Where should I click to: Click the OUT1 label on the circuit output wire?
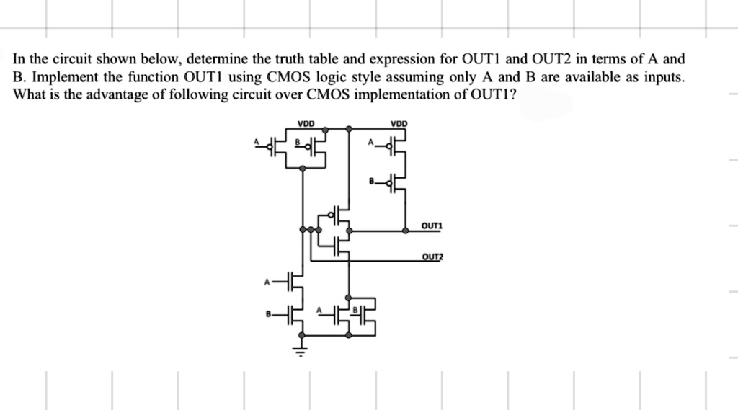coord(432,226)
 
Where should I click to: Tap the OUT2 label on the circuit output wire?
coord(432,257)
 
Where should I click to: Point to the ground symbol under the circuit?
coord(302,350)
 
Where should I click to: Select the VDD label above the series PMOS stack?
coord(399,124)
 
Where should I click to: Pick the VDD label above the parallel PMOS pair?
coord(306,124)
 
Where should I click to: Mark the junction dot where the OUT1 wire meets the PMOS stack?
coord(405,231)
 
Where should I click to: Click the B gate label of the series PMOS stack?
coord(371,181)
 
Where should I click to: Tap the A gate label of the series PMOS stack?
coord(370,142)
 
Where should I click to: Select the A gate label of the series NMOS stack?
coord(267,282)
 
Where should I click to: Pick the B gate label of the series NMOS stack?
coord(268,313)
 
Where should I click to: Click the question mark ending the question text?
coord(512,94)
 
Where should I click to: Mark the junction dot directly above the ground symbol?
coord(302,335)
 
